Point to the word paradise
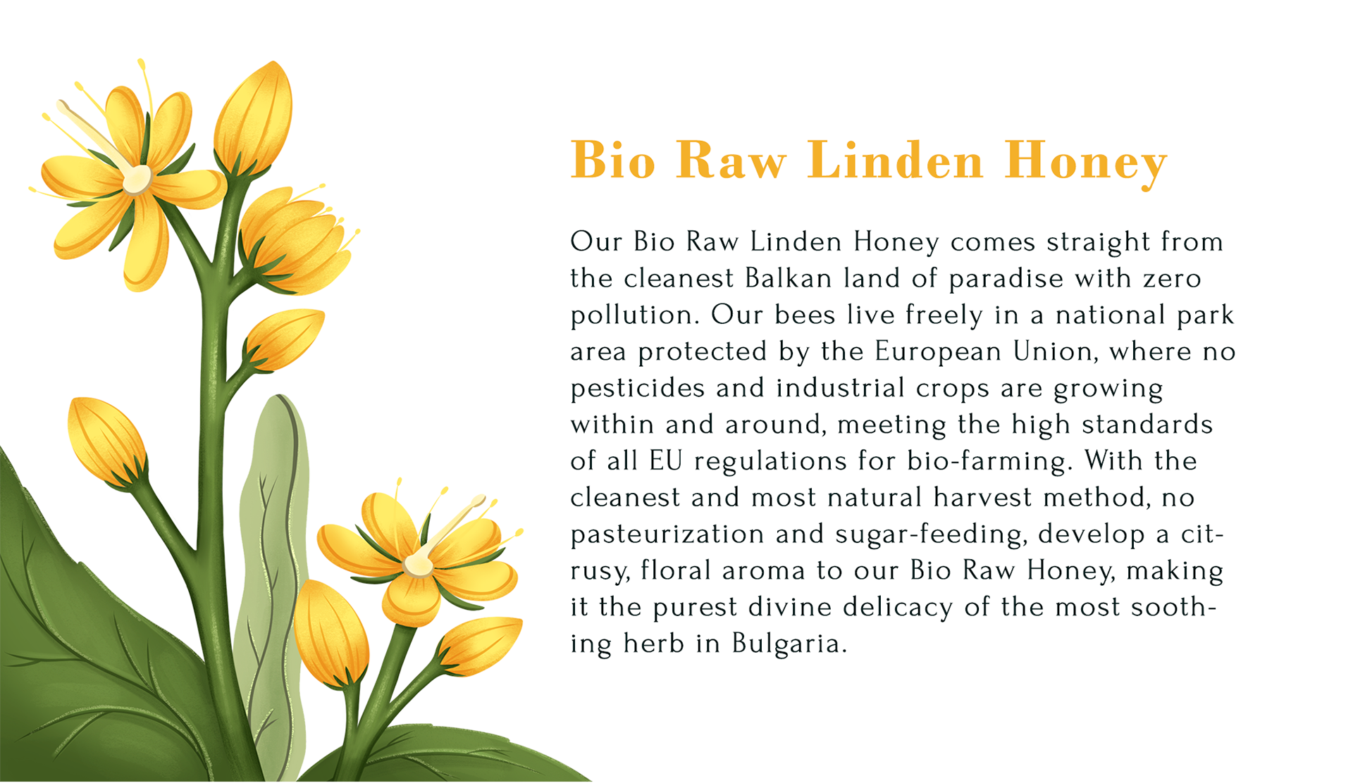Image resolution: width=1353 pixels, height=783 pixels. tap(1006, 280)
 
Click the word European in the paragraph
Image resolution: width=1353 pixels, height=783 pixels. tap(938, 352)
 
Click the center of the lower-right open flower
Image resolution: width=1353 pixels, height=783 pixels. tap(419, 565)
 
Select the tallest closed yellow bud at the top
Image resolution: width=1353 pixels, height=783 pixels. tap(254, 118)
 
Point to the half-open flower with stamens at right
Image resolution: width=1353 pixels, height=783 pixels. tap(296, 239)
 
